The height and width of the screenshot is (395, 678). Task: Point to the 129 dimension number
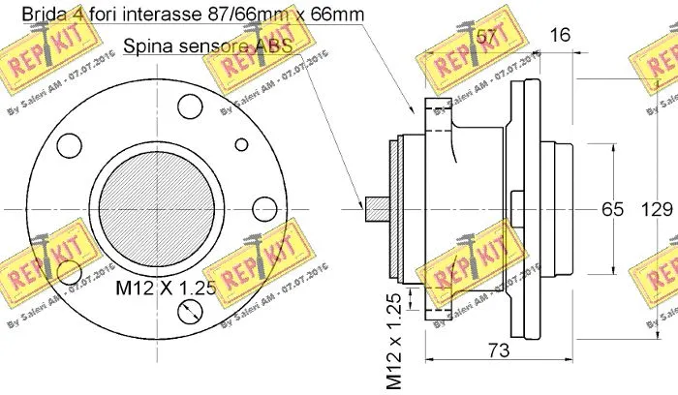click(659, 209)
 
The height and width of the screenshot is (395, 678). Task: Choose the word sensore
click(218, 46)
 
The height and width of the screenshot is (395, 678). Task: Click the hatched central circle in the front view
click(146, 207)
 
